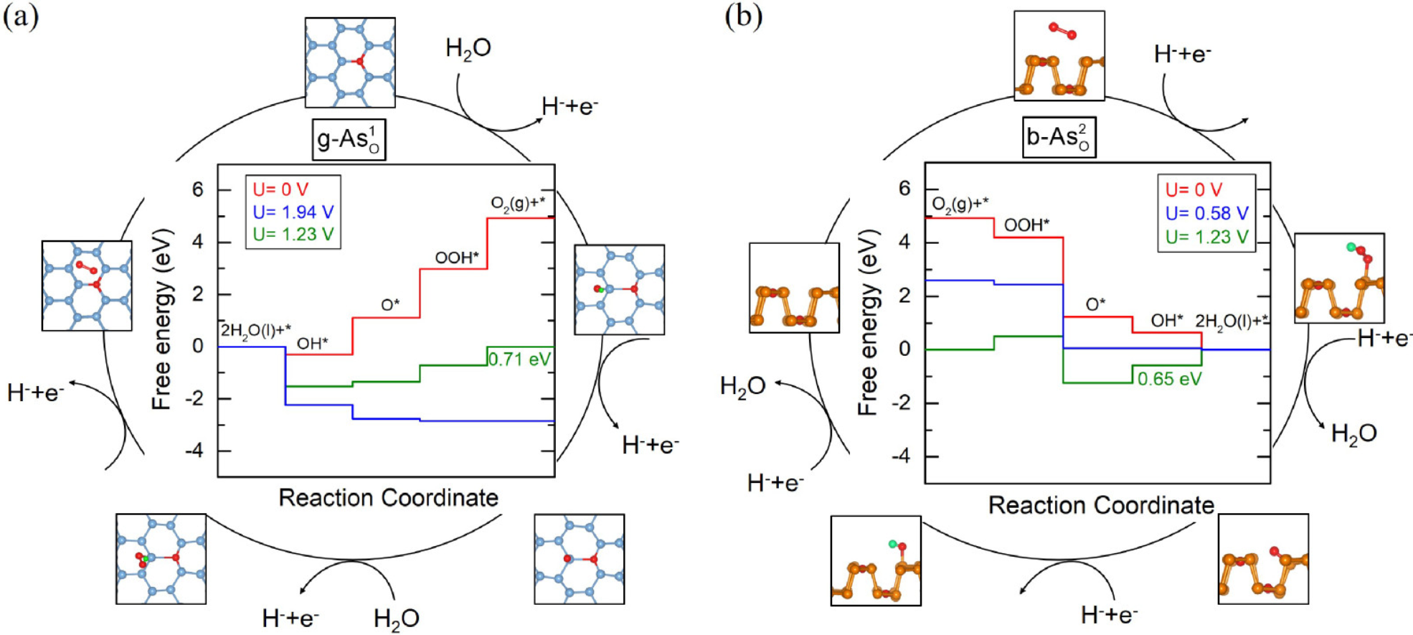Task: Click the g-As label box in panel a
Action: coord(349,139)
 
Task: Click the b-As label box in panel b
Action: coord(1059,137)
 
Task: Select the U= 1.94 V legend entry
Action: coord(293,212)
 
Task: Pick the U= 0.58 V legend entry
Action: coord(1206,213)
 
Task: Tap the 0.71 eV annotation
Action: coord(519,359)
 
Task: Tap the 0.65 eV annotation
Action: coord(1169,379)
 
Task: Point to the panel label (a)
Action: coord(21,16)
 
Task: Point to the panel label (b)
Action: coord(743,16)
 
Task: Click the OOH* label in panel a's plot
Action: coord(456,258)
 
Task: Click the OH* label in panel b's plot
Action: coord(1167,321)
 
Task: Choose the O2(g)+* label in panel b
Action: coord(960,205)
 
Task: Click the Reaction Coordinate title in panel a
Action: coord(388,498)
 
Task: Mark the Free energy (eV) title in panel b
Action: coord(868,322)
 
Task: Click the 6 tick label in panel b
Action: coord(904,189)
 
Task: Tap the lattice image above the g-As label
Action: coord(350,62)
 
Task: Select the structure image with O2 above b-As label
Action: coord(1059,55)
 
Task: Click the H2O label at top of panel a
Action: coord(468,49)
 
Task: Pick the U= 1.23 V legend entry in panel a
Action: coord(293,235)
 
